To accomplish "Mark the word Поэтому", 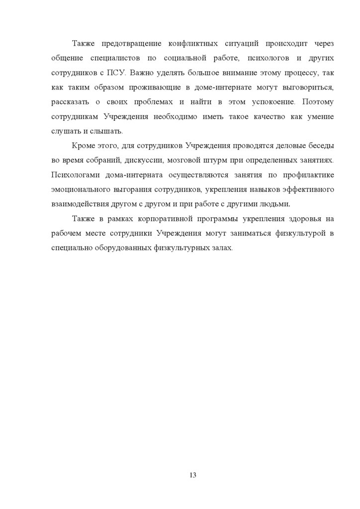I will click(x=316, y=102).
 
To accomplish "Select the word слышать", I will click(x=108, y=131).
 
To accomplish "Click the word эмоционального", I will click(x=80, y=190).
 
